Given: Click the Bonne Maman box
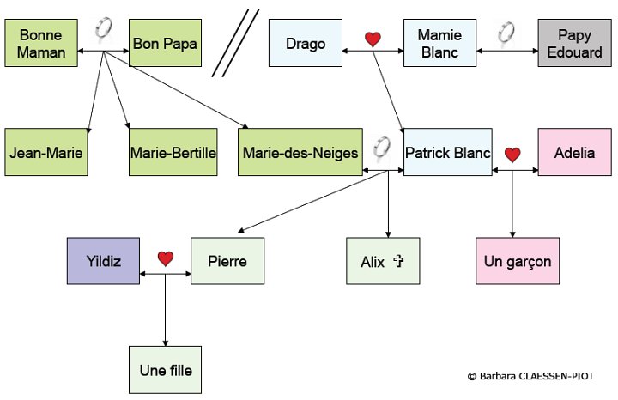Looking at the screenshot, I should tap(40, 44).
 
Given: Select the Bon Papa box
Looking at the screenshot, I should tap(166, 44).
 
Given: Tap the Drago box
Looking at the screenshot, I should tap(305, 44).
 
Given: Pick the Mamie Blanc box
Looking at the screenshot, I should tap(439, 44).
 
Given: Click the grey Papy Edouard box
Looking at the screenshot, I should tap(573, 44).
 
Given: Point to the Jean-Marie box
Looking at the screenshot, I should tap(40, 153).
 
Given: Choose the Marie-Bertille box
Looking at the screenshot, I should tap(173, 153).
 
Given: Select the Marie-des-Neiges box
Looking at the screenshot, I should tap(300, 153).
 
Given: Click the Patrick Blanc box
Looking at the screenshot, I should tap(446, 153).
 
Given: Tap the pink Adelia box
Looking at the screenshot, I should tap(574, 153).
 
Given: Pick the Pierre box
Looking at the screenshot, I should tap(227, 261).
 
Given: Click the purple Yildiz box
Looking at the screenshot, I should tap(103, 261).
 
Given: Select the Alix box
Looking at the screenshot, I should tap(383, 261).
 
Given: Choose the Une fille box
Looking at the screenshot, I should tap(165, 370).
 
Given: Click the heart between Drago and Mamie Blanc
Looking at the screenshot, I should tap(372, 39).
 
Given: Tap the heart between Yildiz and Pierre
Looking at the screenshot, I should tap(166, 258).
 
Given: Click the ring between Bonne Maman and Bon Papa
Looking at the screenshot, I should tap(103, 28).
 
